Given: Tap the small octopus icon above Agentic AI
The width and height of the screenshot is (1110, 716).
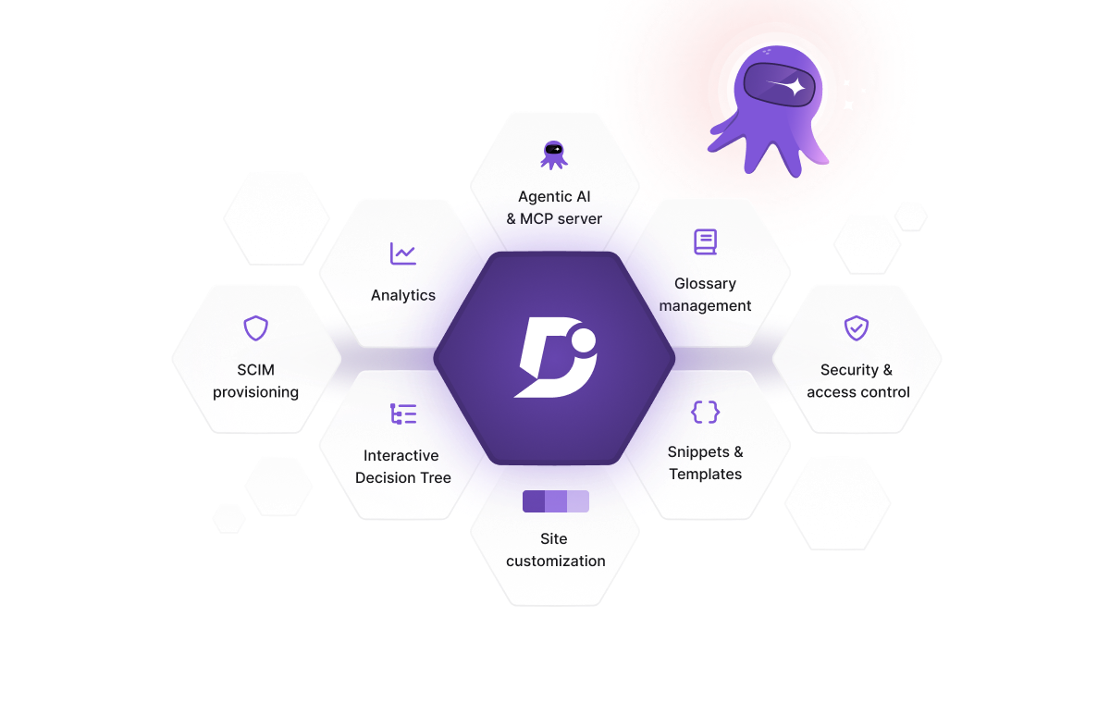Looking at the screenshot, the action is pos(554,155).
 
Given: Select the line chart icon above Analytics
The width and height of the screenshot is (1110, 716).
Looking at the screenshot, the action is pos(403,253).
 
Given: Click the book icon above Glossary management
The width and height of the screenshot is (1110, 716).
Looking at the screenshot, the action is pos(705,241).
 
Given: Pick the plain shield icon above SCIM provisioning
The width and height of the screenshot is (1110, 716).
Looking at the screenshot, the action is pos(255,328).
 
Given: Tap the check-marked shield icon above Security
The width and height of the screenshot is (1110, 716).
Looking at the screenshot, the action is pos(857,328).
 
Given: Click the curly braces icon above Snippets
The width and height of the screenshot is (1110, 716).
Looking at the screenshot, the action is pos(705,412).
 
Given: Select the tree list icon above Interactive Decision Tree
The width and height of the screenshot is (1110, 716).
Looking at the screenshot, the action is pos(403,414).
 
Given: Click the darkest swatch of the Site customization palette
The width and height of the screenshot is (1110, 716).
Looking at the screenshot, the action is pos(534,501).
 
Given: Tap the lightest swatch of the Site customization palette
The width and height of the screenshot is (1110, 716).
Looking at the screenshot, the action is pos(578,501).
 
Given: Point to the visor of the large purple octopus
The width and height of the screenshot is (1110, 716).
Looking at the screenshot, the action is pos(780,85).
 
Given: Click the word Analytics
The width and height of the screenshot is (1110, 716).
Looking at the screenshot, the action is pos(403,295).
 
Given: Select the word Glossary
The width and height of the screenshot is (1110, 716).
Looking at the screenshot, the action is pos(705,284).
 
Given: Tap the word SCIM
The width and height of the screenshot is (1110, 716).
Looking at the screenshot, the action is pos(255,370).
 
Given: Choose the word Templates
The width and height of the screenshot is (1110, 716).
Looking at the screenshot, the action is pos(706,475).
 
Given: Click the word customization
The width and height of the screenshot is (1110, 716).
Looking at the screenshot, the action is pos(556,561).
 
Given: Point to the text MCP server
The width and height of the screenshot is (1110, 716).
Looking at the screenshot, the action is pos(561,218).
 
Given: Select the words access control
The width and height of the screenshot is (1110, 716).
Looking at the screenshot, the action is pos(858,392).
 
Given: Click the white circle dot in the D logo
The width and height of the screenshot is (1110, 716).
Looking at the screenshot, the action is pos(584,340).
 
